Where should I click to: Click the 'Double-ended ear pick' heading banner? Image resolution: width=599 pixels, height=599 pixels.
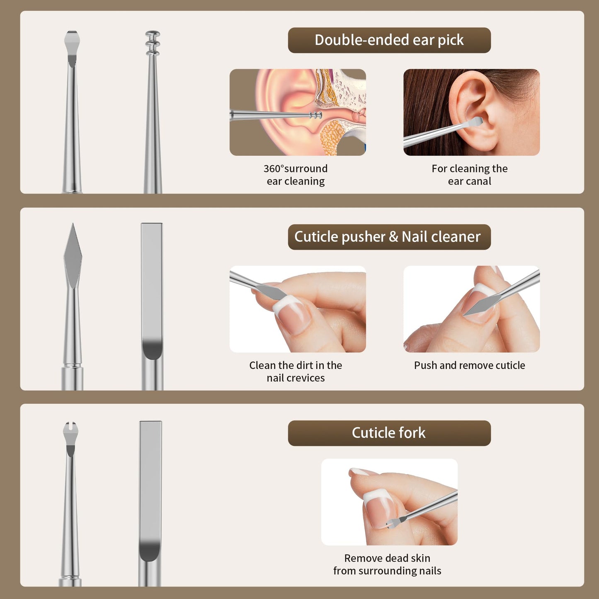pyautogui.click(x=389, y=40)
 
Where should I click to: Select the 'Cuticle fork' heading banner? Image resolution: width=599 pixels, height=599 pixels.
pyautogui.click(x=389, y=433)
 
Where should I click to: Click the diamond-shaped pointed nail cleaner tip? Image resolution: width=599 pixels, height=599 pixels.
pyautogui.click(x=73, y=255)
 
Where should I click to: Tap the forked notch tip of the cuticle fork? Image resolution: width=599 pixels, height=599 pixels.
pyautogui.click(x=70, y=430)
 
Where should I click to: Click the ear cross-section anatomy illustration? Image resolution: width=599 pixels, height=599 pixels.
pyautogui.click(x=298, y=112)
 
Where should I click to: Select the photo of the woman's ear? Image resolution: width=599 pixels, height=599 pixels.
pyautogui.click(x=472, y=112)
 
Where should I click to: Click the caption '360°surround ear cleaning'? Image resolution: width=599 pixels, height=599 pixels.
pyautogui.click(x=296, y=175)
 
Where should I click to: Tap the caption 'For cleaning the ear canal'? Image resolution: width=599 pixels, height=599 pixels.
pyautogui.click(x=469, y=175)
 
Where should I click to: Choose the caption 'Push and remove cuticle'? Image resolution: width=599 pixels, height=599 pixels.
pyautogui.click(x=469, y=365)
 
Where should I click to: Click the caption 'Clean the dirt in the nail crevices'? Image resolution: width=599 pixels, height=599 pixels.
pyautogui.click(x=296, y=371)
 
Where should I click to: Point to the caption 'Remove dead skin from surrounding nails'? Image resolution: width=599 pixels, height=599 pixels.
pyautogui.click(x=387, y=565)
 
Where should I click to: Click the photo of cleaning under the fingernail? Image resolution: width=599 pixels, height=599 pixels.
pyautogui.click(x=298, y=309)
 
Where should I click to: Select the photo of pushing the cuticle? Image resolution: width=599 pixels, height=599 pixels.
pyautogui.click(x=472, y=309)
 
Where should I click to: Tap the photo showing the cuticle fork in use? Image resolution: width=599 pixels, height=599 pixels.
pyautogui.click(x=389, y=502)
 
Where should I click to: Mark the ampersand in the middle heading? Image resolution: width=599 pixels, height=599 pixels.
pyautogui.click(x=393, y=237)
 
